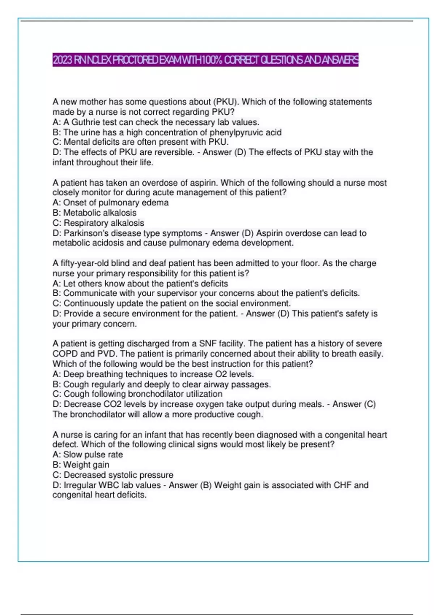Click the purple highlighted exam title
(x=205, y=60)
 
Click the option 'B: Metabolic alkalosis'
(x=94, y=213)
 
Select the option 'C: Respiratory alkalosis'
(x=98, y=223)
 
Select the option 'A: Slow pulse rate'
(x=88, y=455)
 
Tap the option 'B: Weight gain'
(x=81, y=465)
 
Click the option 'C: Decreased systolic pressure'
(x=113, y=475)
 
